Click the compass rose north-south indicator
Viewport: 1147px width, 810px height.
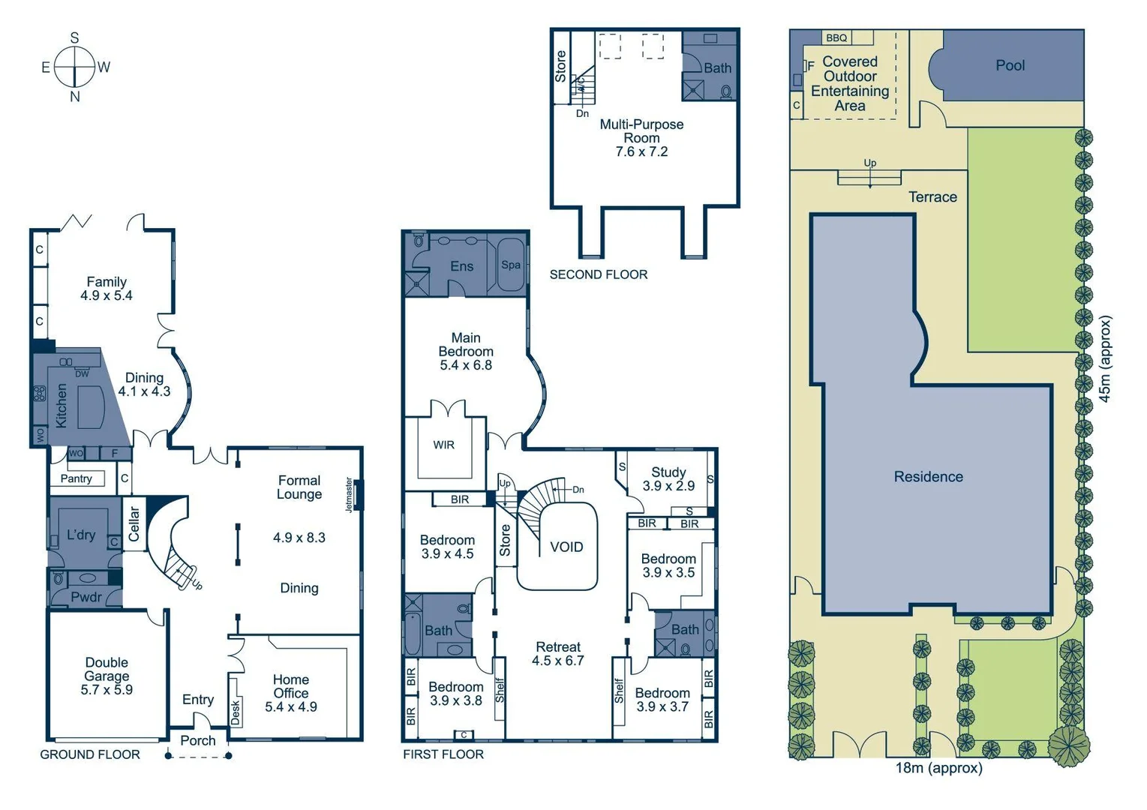pyautogui.click(x=74, y=67)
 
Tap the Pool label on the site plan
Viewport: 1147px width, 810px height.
pyautogui.click(x=1010, y=65)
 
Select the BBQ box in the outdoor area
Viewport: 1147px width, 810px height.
pyautogui.click(x=836, y=37)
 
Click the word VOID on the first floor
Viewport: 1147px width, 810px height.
pyautogui.click(x=566, y=547)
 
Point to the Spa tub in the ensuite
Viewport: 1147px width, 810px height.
pyautogui.click(x=511, y=265)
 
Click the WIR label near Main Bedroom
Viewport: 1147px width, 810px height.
pyautogui.click(x=443, y=445)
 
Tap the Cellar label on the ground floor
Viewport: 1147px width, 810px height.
pyautogui.click(x=134, y=523)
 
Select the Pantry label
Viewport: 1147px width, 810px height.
pyautogui.click(x=77, y=478)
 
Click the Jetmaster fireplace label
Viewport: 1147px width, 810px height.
pyautogui.click(x=349, y=495)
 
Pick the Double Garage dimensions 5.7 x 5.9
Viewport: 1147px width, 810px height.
pyautogui.click(x=107, y=690)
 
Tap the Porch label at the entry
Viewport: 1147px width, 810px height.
pyautogui.click(x=198, y=740)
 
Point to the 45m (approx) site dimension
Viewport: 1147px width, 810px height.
pyautogui.click(x=1105, y=358)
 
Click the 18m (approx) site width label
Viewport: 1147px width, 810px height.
pyautogui.click(x=938, y=767)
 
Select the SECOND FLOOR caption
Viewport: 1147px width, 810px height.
pyautogui.click(x=598, y=274)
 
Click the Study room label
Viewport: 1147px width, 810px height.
pyautogui.click(x=668, y=472)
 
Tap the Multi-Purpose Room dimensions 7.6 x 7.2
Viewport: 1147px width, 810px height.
pyautogui.click(x=641, y=151)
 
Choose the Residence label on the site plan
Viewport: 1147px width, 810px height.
pyautogui.click(x=928, y=476)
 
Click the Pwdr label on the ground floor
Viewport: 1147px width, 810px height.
pyautogui.click(x=86, y=597)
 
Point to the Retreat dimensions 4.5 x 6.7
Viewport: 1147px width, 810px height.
pyautogui.click(x=557, y=661)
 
